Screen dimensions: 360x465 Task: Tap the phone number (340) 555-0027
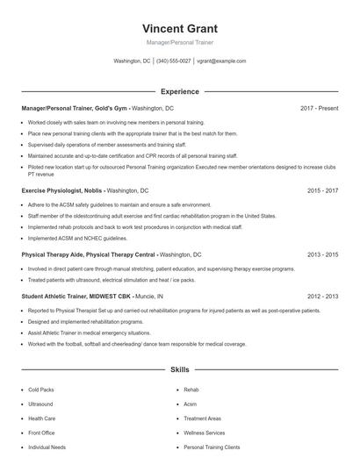(173, 61)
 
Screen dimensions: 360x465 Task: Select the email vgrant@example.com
(221, 61)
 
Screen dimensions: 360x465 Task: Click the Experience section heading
(179, 91)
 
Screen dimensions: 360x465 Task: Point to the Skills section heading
(179, 370)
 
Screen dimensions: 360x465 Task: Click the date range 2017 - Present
(319, 108)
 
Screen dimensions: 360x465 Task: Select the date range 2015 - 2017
(322, 190)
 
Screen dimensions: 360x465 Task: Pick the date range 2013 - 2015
(322, 254)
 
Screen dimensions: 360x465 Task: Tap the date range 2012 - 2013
(322, 297)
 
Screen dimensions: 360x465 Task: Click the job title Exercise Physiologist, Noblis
(62, 190)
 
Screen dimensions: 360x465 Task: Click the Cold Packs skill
(40, 389)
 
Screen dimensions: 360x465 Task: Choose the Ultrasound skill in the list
(40, 404)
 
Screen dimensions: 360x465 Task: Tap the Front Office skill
(41, 433)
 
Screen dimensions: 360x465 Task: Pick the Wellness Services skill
(204, 433)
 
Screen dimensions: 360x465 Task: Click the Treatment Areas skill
(202, 418)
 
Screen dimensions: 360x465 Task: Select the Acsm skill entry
(191, 404)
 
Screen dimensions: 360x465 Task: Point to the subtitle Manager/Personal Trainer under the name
(179, 42)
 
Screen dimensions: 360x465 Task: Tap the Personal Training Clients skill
(212, 447)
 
